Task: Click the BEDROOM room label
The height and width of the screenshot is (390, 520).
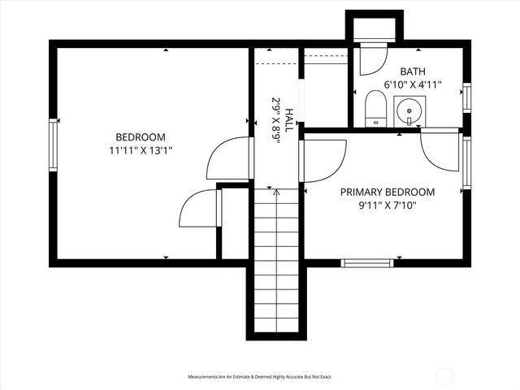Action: [140, 136]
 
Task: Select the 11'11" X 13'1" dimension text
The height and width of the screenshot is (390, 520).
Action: [140, 149]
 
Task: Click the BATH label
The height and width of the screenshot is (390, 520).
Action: [413, 71]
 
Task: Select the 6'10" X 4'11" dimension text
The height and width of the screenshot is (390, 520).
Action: [413, 84]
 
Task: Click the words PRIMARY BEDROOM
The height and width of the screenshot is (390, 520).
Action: [387, 192]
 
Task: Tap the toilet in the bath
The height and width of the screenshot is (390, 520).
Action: [375, 110]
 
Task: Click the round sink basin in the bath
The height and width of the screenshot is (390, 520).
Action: [409, 109]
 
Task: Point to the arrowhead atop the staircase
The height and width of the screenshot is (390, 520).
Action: [276, 193]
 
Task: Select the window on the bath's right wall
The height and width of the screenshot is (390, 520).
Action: [466, 97]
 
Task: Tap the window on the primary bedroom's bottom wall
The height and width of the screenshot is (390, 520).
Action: [366, 262]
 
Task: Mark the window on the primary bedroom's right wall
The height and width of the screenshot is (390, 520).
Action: [466, 162]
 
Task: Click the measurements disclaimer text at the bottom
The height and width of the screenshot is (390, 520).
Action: [260, 377]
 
